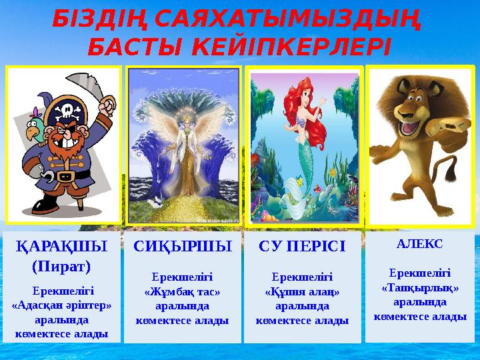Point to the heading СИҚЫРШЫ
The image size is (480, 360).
[183, 246]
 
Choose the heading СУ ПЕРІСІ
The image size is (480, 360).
[302, 246]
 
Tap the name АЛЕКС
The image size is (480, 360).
[419, 244]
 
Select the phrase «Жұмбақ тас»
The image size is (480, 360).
[183, 291]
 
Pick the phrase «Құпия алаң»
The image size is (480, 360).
[302, 291]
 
